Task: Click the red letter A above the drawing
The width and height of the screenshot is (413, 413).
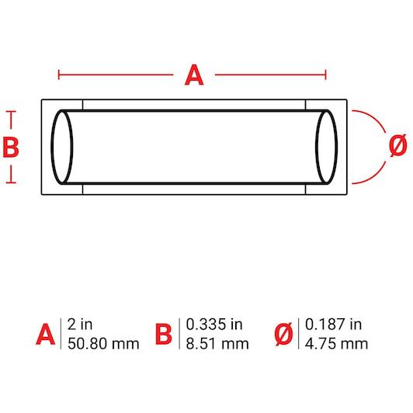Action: (194, 75)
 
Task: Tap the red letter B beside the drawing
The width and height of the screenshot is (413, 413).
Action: (11, 147)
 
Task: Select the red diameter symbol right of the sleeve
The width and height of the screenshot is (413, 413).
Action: (398, 145)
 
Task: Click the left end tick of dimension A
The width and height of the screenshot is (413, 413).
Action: (59, 75)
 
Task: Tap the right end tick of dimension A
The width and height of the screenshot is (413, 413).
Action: (326, 75)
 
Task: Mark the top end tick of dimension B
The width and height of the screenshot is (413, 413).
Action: (11, 112)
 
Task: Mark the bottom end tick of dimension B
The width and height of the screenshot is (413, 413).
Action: (11, 182)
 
